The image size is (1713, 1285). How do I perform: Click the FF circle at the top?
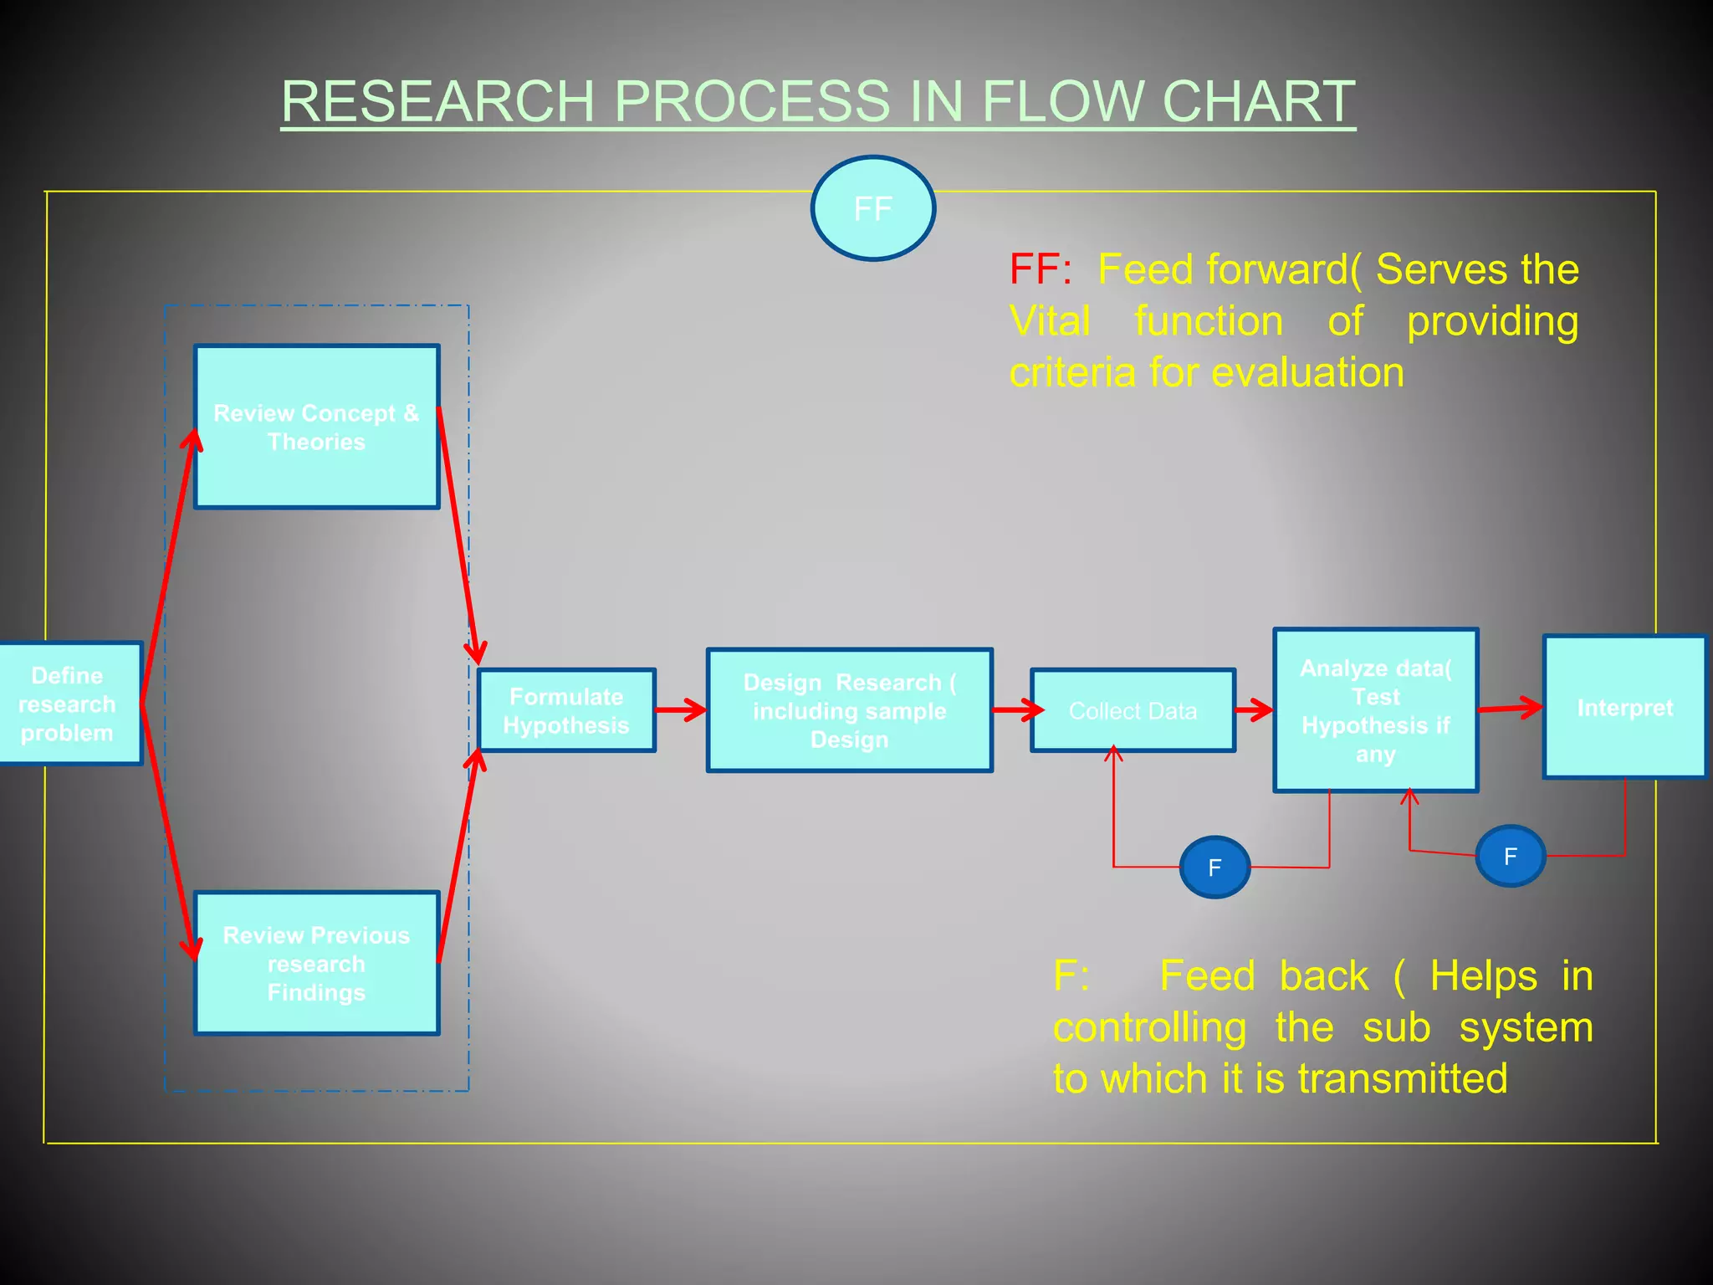point(872,208)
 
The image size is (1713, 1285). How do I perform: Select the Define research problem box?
point(69,704)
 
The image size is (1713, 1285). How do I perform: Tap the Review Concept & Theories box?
point(316,427)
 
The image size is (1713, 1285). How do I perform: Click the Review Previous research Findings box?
point(316,963)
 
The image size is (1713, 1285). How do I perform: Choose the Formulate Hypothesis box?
point(566,710)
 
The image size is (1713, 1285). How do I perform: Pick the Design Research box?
point(849,710)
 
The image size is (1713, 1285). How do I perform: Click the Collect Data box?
point(1133,710)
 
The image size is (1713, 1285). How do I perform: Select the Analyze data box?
point(1375,710)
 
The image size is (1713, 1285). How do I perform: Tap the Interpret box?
point(1624,708)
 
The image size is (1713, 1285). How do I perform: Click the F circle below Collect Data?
point(1214,868)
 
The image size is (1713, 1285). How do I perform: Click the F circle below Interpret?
point(1510,856)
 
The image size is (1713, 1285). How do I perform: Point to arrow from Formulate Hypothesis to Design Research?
point(681,710)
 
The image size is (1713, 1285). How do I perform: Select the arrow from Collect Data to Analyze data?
point(1254,711)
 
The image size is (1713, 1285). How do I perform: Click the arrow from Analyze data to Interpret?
point(1510,709)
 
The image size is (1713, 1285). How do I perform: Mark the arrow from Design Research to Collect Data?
point(1016,710)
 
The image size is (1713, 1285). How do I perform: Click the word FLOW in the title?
point(1066,101)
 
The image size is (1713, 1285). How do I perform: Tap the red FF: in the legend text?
point(1040,270)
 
